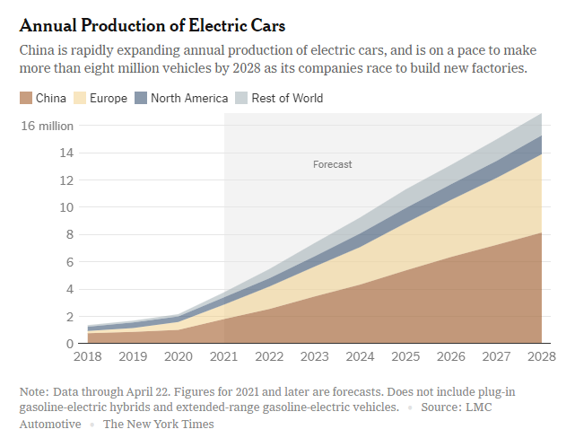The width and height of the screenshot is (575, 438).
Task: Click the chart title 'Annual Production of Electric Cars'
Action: click(152, 26)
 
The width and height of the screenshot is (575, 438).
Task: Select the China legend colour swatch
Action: click(26, 98)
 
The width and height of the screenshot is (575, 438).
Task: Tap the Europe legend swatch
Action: click(80, 98)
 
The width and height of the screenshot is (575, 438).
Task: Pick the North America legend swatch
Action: click(141, 98)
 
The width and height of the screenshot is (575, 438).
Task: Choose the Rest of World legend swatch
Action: click(241, 98)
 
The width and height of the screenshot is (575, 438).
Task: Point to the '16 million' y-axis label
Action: click(48, 127)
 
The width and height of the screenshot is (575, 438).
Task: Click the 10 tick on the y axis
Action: click(66, 207)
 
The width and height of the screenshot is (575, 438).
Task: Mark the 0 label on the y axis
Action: click(70, 344)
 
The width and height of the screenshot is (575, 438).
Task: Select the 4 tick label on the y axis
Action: click(70, 289)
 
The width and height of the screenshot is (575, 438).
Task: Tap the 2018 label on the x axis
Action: click(88, 356)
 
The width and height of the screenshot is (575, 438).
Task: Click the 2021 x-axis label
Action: click(223, 356)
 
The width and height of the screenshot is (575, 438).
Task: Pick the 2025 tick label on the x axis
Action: click(405, 356)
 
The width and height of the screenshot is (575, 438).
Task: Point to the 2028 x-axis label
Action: click(542, 356)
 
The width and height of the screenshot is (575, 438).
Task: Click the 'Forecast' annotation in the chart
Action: click(332, 164)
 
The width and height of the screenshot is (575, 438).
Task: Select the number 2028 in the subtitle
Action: click(247, 68)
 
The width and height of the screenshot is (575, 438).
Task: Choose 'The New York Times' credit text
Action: click(159, 424)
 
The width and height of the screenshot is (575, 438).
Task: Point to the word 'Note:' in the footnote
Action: click(34, 392)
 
